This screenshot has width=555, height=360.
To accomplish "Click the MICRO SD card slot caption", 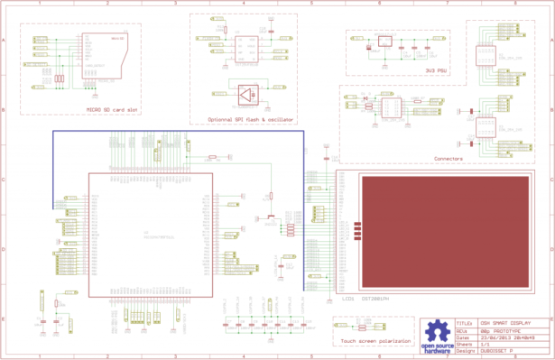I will [112, 110].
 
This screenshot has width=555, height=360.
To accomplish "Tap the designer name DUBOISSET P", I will [495, 350].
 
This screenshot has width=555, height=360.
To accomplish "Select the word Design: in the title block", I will [464, 350].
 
